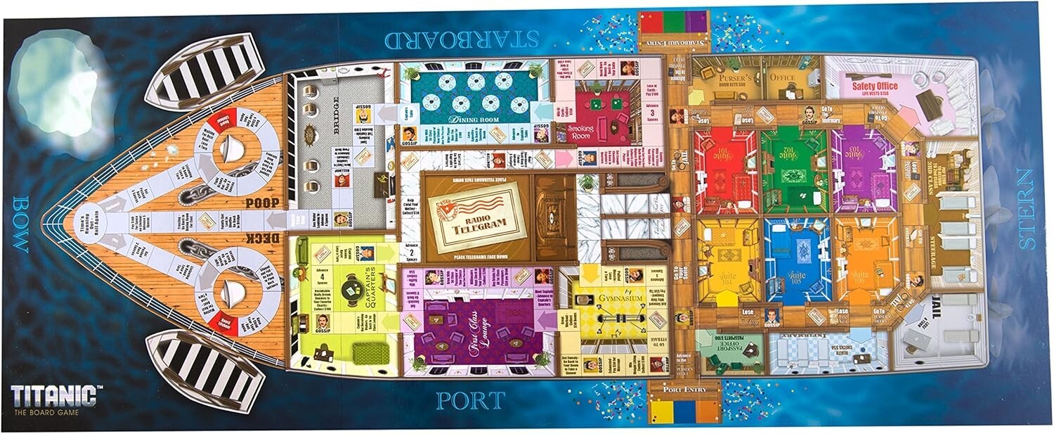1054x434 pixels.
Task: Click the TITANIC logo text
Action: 53,395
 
